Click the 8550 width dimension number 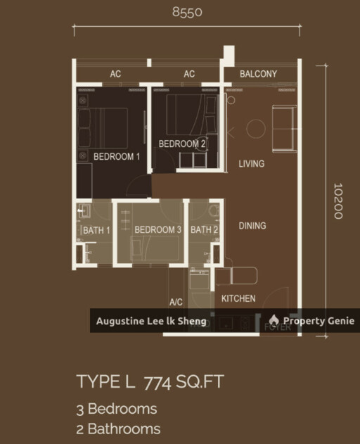pos(188,11)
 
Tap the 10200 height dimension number pos(338,201)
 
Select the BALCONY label pos(258,74)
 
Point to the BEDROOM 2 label pos(182,144)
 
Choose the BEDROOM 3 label pos(158,230)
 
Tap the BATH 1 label pos(97,230)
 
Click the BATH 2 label pos(205,230)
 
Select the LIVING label pos(251,164)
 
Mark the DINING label pos(252,226)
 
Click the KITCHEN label pos(238,298)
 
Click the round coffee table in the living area pos(255,128)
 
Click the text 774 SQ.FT pos(184,383)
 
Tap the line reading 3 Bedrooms pos(116,409)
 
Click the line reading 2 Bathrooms pos(118,429)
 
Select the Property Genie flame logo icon pos(274,321)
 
